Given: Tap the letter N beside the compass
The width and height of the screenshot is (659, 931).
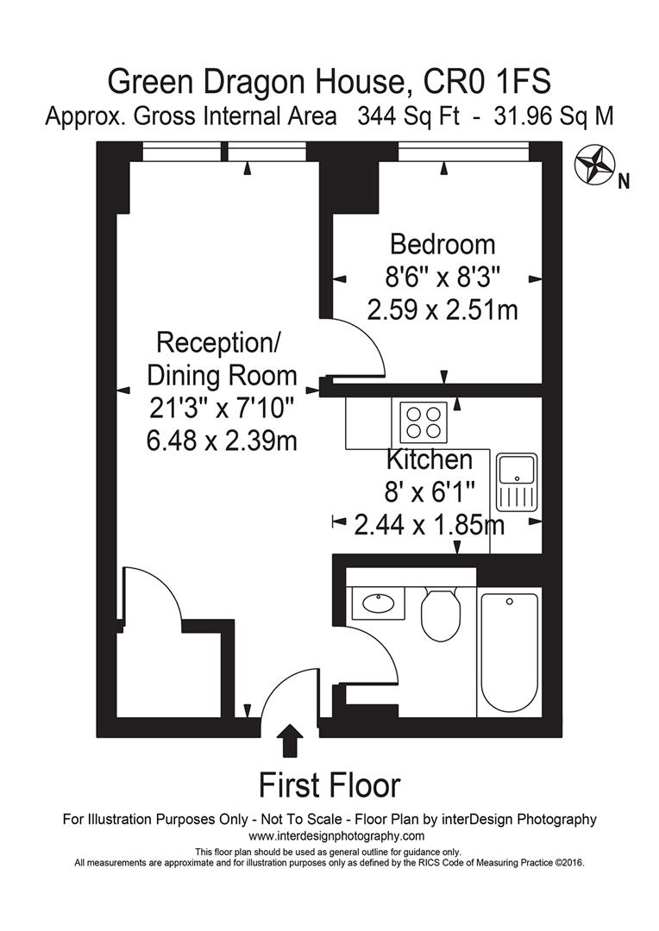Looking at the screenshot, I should (624, 181).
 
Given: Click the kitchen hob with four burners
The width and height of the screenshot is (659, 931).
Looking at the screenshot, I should (423, 422).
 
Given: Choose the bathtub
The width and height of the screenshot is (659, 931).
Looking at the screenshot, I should (510, 650).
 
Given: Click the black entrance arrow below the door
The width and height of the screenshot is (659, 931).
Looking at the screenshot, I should (292, 740).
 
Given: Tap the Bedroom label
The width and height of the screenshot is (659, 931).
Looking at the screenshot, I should (442, 244).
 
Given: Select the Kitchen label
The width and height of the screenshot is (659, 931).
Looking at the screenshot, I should (429, 459).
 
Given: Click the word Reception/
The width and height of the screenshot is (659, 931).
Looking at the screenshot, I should (218, 342).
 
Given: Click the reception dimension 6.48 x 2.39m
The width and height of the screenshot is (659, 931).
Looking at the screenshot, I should (222, 441).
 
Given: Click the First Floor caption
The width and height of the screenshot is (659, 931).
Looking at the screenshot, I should (329, 785).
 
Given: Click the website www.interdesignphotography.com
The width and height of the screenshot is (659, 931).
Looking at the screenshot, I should (336, 836).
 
